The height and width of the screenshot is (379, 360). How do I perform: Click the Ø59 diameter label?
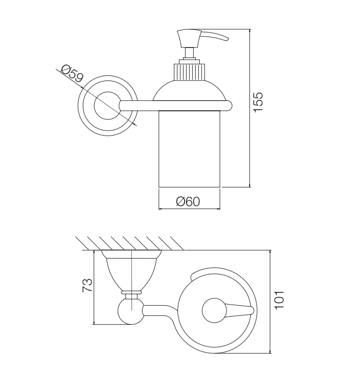72,73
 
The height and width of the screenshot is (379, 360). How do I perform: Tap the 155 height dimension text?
258,102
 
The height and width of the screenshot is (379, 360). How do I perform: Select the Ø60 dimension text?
188,201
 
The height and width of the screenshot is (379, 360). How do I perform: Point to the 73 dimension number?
87,285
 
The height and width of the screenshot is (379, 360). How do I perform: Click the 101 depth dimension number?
280,300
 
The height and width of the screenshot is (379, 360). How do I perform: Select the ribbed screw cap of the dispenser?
189,71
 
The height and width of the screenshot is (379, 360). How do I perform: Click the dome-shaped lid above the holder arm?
190,90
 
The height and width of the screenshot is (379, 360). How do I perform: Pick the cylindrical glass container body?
189,149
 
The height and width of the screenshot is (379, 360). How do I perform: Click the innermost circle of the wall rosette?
108,106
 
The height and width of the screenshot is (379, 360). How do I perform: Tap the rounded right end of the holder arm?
229,106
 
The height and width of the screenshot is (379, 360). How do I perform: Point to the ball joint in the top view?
130,312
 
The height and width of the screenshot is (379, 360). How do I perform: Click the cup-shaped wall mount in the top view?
131,271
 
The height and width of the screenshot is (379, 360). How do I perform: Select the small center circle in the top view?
214,311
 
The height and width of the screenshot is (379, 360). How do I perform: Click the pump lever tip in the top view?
252,311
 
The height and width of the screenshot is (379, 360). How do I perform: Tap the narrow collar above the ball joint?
131,292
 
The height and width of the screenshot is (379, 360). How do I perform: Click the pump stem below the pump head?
190,53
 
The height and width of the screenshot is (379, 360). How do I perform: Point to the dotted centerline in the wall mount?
131,280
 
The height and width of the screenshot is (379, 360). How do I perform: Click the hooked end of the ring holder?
193,276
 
